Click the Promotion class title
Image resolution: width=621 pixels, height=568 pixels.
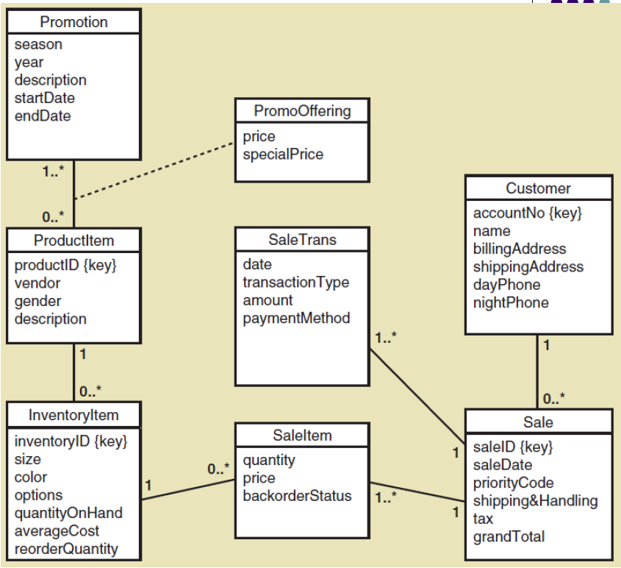coord(73,22)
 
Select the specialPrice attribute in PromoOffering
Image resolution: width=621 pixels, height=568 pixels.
coord(283,155)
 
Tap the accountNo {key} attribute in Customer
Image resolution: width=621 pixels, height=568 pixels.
coord(527,213)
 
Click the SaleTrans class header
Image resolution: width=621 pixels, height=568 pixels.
coord(303,239)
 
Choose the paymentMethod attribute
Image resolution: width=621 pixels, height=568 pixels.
coord(296,319)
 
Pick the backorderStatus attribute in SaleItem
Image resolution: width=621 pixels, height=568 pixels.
coord(297,496)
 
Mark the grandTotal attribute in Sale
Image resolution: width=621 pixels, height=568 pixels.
coord(509,536)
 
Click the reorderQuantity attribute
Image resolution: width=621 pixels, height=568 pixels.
coord(66,549)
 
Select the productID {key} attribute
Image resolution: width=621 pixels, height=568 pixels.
coord(65,265)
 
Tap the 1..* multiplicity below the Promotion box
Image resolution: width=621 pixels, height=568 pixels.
coord(53,171)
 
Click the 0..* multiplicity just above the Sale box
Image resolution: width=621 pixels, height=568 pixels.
coord(554,399)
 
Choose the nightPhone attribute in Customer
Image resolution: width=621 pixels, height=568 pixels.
coord(510,302)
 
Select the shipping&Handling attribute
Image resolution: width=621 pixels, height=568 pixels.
coord(535,501)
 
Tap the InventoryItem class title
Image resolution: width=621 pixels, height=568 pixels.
coord(73,415)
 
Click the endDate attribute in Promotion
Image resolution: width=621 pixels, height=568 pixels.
coord(43,116)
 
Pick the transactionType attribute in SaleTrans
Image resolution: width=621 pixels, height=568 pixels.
coord(295,283)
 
